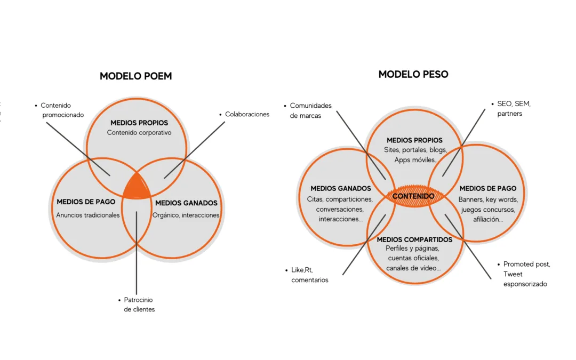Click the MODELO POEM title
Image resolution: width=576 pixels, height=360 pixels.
coord(135,76)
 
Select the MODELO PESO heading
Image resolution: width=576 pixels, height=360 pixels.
coord(413,74)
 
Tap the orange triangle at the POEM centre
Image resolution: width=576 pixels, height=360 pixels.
coord(137,187)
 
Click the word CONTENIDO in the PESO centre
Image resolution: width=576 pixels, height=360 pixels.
coord(413,196)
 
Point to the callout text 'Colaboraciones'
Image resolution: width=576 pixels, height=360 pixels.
coord(247,114)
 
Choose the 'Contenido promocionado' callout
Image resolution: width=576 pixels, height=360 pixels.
coord(62,110)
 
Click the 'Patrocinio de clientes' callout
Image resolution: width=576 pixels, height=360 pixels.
coord(139,305)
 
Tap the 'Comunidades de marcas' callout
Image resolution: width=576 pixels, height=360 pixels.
coord(310,110)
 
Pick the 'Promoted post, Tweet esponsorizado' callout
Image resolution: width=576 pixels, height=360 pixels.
coord(526,274)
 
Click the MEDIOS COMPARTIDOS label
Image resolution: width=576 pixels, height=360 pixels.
coord(414,239)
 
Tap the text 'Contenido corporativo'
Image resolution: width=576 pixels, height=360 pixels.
coord(139,133)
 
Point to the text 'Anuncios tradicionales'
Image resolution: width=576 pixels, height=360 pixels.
coord(87,215)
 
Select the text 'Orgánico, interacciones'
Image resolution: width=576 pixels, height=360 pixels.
coord(186,215)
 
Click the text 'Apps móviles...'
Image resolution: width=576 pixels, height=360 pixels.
coord(415,160)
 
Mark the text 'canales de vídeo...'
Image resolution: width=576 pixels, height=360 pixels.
coord(413,268)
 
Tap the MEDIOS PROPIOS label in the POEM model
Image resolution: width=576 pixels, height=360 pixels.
coord(139,123)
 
